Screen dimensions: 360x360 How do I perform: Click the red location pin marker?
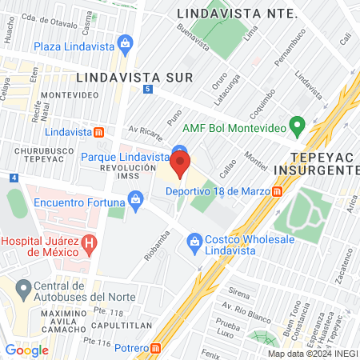point(180,164)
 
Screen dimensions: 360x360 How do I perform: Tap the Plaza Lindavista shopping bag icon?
point(124,42)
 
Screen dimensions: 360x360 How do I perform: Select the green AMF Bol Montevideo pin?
point(298,126)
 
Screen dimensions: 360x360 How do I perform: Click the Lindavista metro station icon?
point(98,131)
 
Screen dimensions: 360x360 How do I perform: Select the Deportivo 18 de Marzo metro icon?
point(277,191)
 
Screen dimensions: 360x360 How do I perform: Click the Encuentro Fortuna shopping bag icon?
point(136,197)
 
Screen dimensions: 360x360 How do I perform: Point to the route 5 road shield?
point(148,89)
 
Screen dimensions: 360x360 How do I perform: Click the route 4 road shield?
point(14,178)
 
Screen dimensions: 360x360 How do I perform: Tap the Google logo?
point(26,350)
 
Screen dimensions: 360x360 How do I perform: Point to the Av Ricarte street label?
point(144,129)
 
